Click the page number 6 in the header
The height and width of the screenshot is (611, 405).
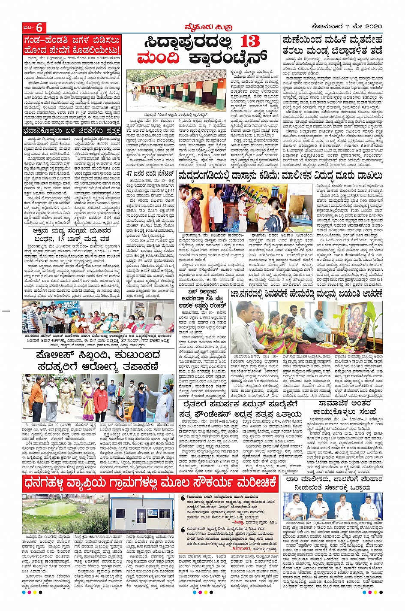tap(39, 27)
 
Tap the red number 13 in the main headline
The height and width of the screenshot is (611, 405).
tap(250, 42)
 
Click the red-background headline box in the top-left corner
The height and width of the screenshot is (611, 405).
tap(72, 45)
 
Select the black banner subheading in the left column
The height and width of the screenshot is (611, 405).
tap(72, 131)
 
